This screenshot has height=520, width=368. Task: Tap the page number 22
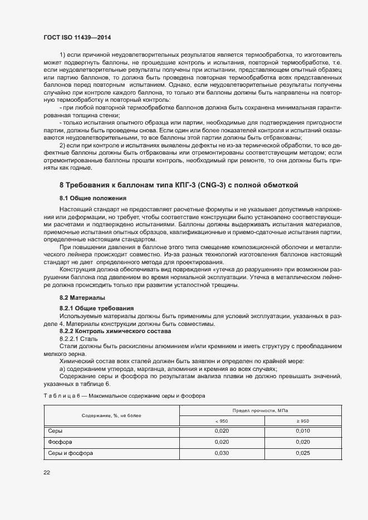coord(47,472)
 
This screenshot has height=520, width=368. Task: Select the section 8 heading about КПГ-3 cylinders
coord(179,184)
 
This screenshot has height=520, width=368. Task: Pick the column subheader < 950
coord(222,421)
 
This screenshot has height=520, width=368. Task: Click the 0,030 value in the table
coord(222,453)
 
